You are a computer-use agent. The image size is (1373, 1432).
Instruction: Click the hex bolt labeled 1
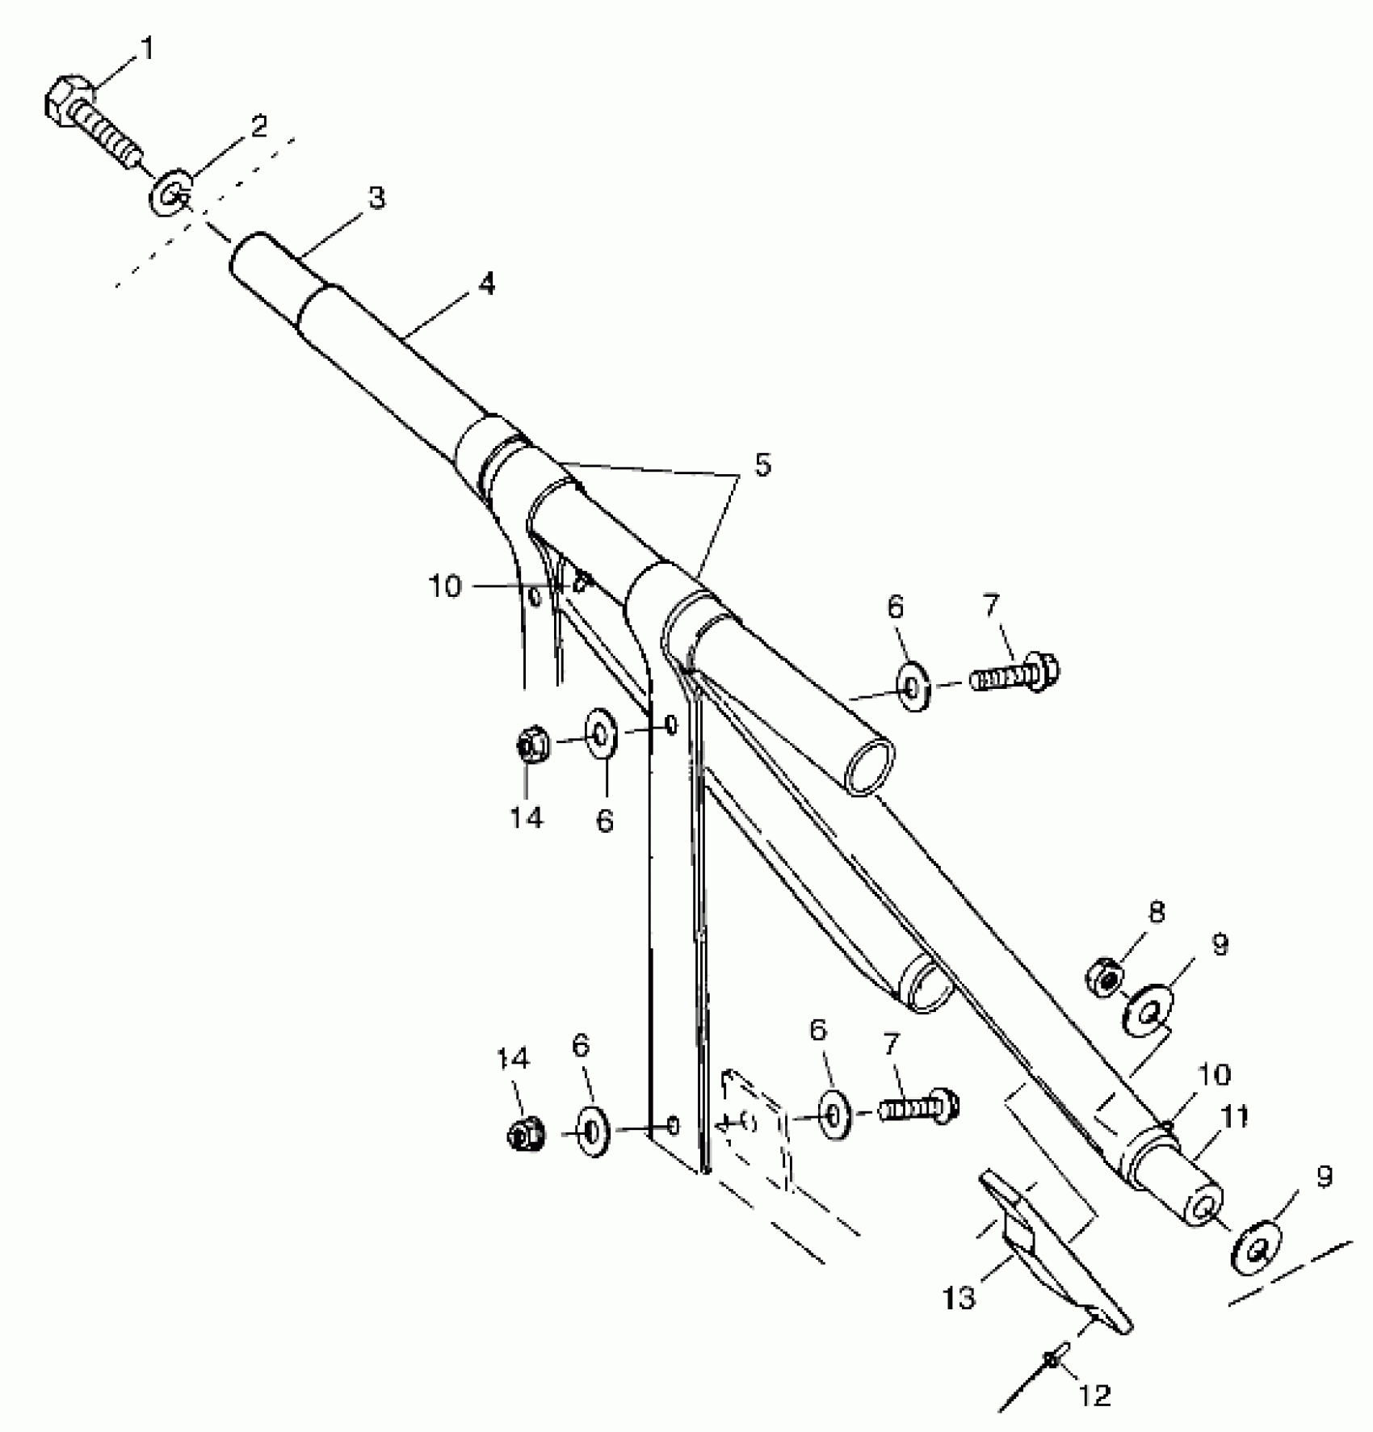[x=93, y=122]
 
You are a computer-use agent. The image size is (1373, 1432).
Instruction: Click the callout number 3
[x=376, y=197]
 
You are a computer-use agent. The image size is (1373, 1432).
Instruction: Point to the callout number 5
[x=762, y=465]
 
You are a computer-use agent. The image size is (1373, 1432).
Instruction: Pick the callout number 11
[x=1235, y=1116]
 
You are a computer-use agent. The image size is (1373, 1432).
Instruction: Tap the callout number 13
[x=959, y=1298]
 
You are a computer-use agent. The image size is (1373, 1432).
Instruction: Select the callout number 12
[x=1094, y=1395]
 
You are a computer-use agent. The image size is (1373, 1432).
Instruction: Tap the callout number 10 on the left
[x=444, y=586]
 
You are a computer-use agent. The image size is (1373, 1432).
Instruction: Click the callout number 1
[x=146, y=49]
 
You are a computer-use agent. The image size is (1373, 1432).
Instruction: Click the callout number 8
[x=1157, y=913]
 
